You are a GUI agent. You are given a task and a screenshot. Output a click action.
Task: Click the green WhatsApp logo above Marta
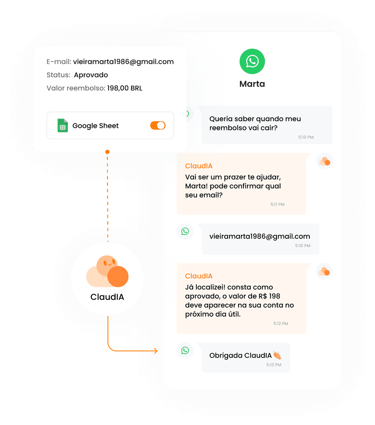point(252,62)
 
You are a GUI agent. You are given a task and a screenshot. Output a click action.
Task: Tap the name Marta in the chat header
point(252,84)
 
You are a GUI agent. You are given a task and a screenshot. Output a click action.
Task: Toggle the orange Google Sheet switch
point(158,125)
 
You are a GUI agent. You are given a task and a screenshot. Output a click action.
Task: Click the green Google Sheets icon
point(62,125)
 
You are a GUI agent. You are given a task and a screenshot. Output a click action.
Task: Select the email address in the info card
point(123,62)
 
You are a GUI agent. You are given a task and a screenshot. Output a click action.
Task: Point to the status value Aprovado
point(91,75)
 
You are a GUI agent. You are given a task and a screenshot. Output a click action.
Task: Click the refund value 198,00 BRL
point(125,88)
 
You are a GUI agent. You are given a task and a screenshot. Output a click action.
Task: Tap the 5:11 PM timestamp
point(277,204)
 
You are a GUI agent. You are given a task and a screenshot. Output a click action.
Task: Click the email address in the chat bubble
point(259,236)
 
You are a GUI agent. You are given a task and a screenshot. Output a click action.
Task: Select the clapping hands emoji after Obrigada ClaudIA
point(277,355)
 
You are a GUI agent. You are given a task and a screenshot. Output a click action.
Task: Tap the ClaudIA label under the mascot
point(107,297)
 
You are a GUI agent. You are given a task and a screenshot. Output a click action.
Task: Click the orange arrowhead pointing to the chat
point(156,351)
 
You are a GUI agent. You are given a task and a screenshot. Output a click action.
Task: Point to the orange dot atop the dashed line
point(107,152)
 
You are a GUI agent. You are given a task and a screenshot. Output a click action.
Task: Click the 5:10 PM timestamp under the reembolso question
point(306,137)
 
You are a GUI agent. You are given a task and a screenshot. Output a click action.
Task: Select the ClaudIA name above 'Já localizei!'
point(199,276)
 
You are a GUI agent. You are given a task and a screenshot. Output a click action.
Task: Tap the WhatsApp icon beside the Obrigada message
point(185,350)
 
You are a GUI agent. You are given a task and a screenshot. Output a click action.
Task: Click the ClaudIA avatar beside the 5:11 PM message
point(325,161)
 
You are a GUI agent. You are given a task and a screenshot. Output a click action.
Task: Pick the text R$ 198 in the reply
point(269,296)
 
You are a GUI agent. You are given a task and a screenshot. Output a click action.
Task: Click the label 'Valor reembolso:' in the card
point(76,88)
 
